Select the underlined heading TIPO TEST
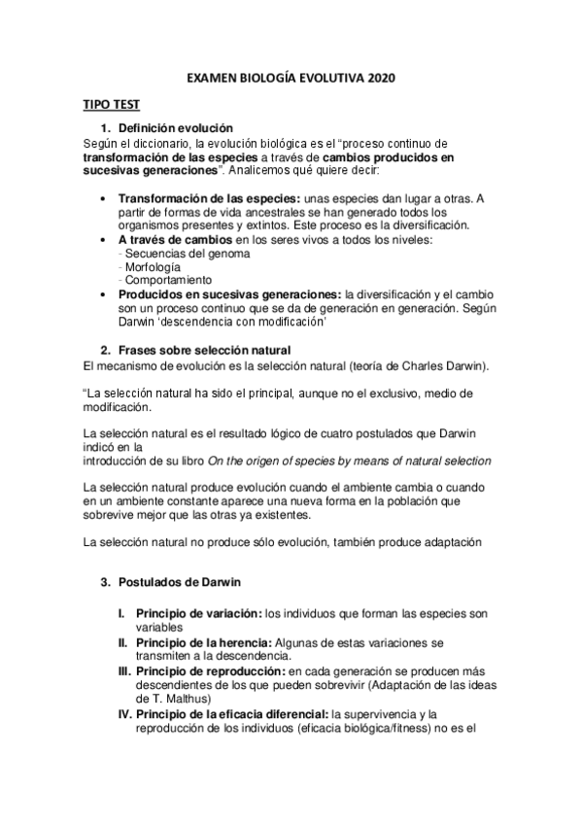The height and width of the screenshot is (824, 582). [109, 106]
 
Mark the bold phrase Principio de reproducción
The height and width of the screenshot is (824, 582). [209, 670]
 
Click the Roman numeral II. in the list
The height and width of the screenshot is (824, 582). [123, 642]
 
